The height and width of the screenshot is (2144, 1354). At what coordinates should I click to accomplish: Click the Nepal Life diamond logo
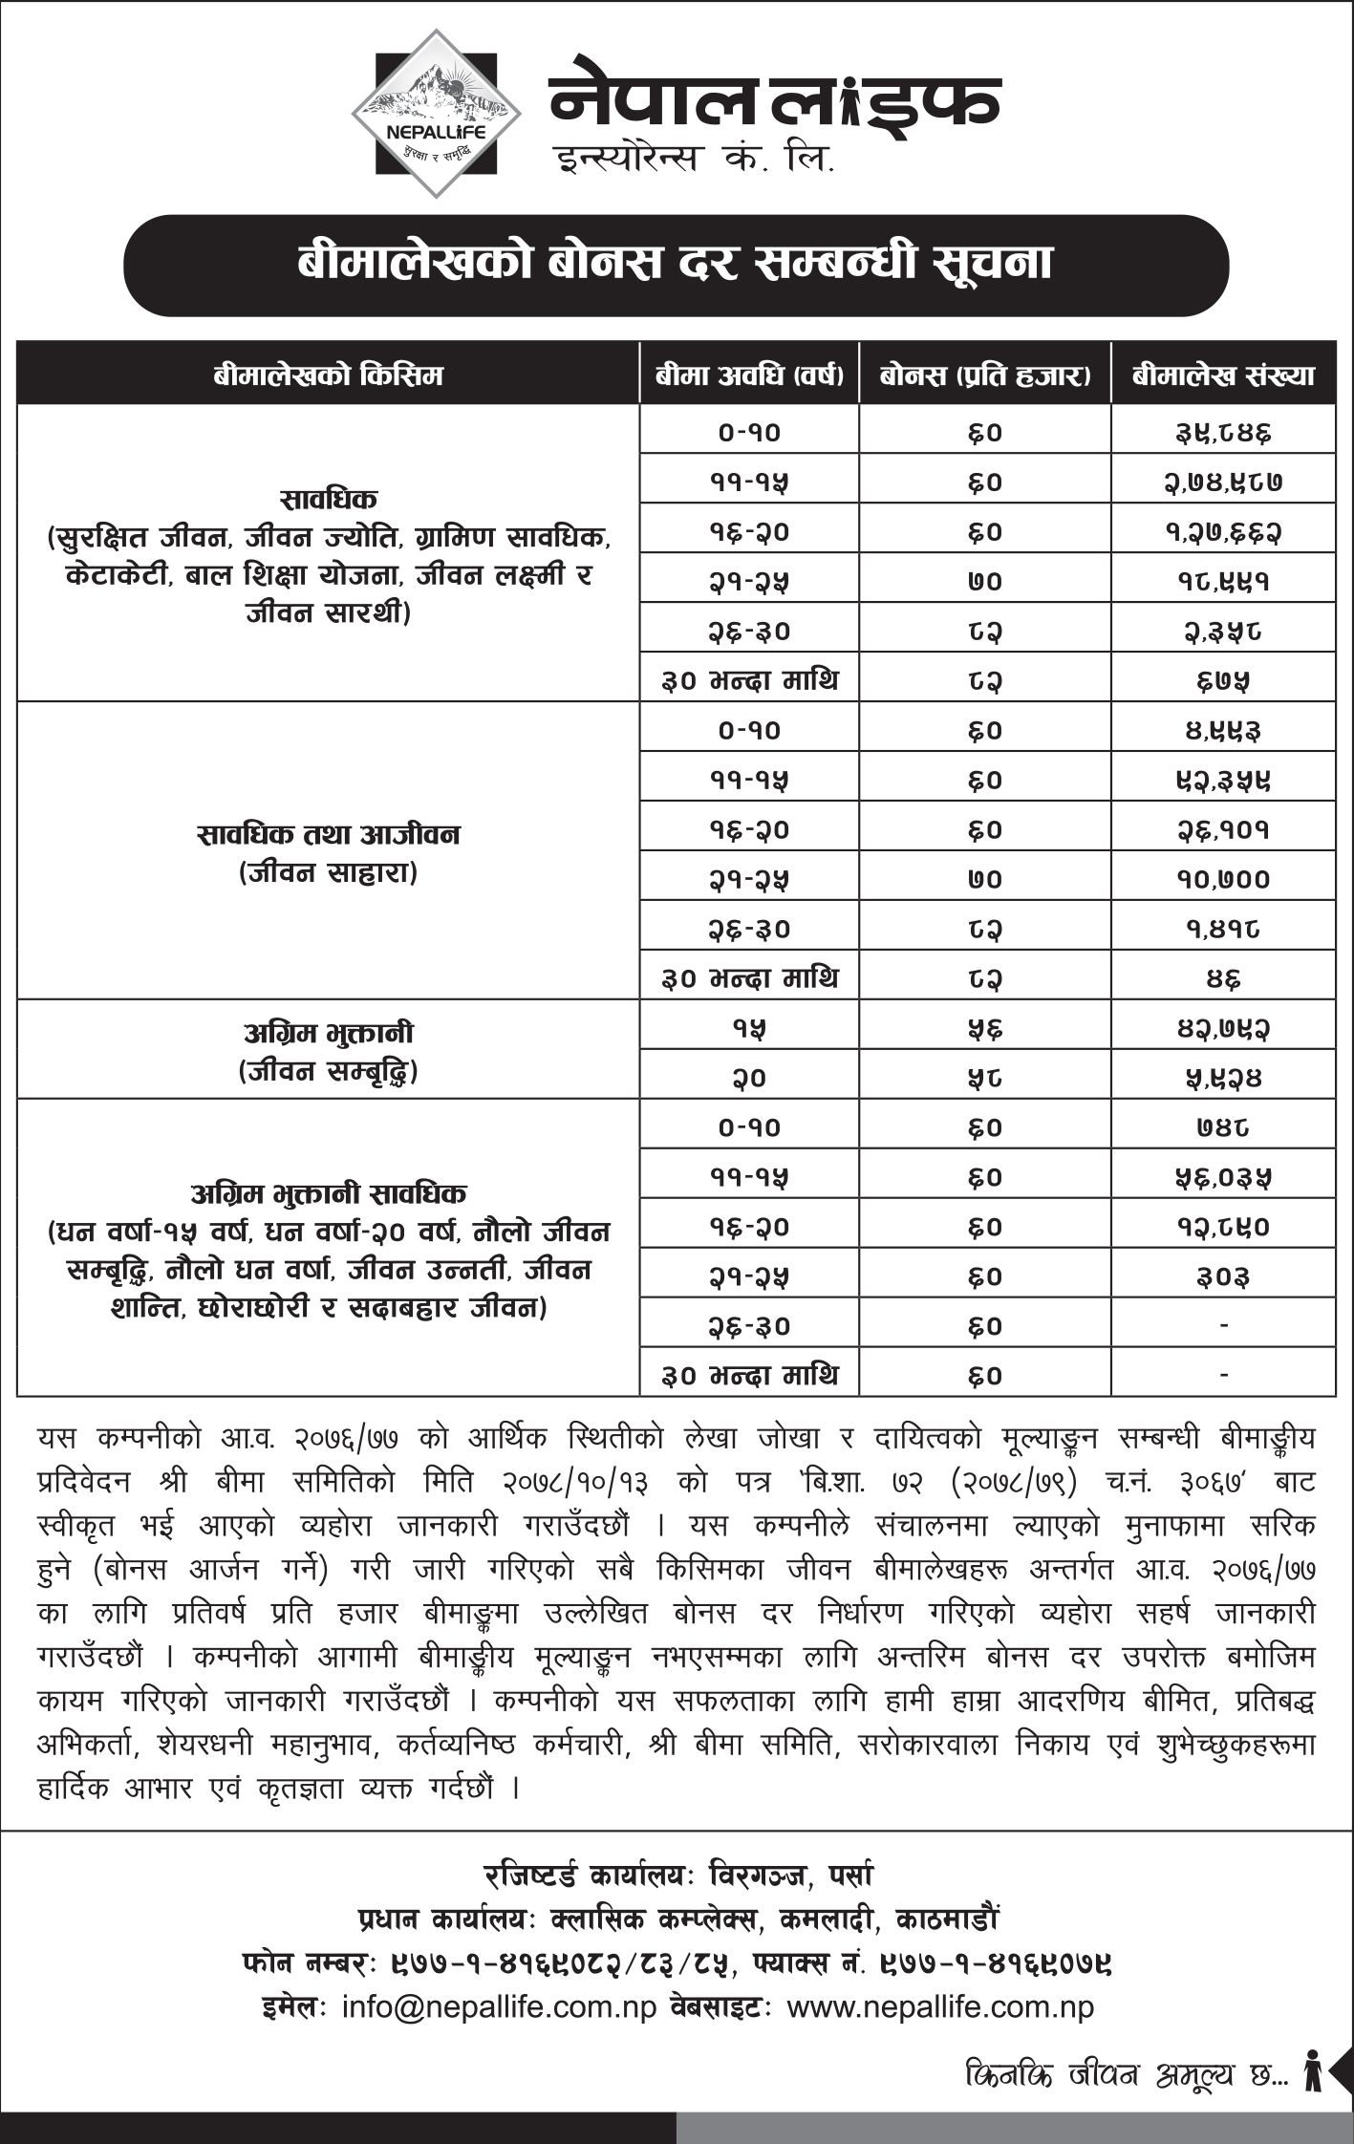[436, 113]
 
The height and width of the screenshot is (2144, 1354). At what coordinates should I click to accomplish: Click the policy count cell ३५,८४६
[1223, 433]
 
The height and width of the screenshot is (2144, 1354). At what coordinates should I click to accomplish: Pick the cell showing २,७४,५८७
[1223, 482]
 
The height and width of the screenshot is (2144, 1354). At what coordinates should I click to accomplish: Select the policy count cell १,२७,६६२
[1223, 532]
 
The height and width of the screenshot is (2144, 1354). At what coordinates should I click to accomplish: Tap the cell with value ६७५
[1223, 681]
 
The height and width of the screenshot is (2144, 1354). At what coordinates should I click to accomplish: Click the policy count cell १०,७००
[1223, 880]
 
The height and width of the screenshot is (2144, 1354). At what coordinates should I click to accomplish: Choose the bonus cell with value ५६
[985, 1029]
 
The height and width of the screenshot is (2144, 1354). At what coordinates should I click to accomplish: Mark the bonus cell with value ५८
[985, 1079]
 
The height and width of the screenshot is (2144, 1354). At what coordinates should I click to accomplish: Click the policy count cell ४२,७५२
[1223, 1029]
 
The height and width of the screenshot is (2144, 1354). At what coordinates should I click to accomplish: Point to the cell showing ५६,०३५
[1223, 1178]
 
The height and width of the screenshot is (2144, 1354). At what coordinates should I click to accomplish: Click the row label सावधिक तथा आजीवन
[328, 835]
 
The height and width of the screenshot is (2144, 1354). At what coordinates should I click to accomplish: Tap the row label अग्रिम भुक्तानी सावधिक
[328, 1193]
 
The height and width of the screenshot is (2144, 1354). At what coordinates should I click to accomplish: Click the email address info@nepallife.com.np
[499, 2007]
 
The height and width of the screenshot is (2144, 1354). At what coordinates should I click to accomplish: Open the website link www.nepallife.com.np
[939, 2007]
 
